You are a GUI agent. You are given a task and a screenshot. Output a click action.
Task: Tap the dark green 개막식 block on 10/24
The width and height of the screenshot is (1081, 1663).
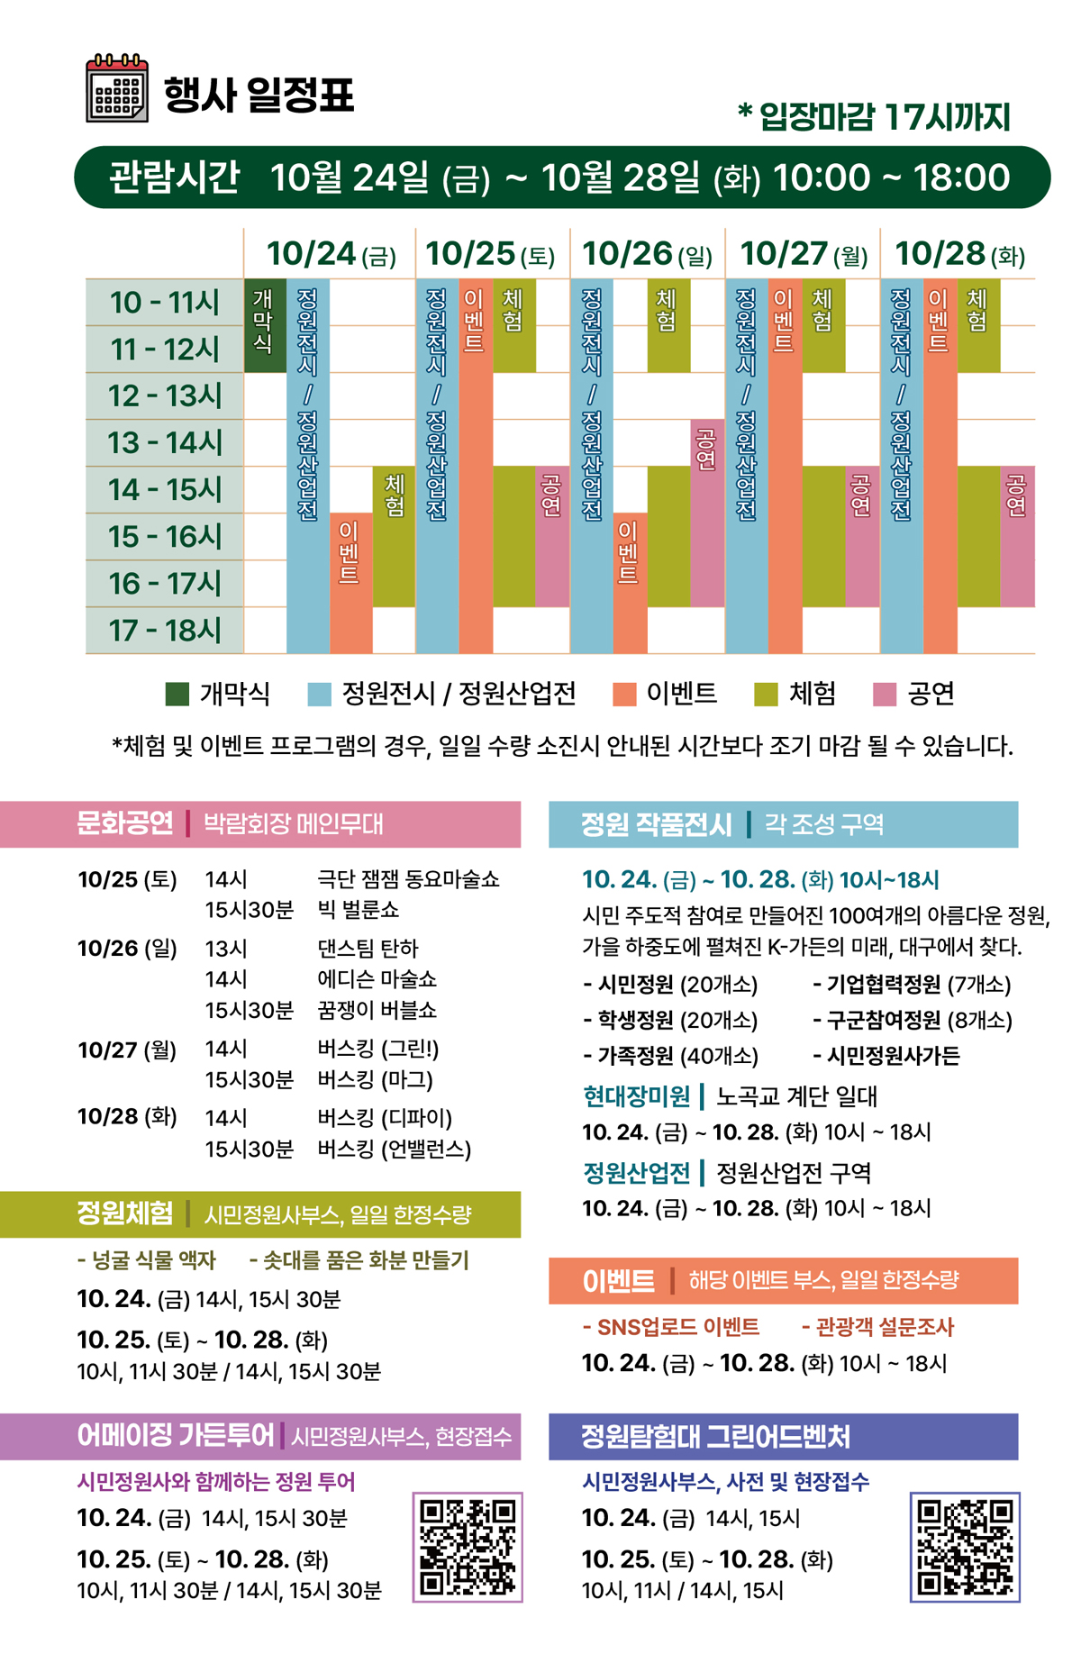[265, 324]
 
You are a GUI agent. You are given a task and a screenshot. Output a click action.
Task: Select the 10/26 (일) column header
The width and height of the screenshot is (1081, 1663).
[647, 254]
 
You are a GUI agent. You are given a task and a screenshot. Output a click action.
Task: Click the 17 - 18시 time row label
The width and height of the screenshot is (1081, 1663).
[164, 630]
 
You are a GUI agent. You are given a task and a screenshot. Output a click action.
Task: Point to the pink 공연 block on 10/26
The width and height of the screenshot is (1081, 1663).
[707, 512]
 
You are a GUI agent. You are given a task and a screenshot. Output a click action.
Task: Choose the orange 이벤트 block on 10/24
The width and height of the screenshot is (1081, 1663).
[350, 582]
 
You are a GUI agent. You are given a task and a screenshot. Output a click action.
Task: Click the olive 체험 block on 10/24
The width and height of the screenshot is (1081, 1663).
[394, 536]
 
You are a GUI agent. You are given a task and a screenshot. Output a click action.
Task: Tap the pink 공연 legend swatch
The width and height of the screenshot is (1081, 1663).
[885, 694]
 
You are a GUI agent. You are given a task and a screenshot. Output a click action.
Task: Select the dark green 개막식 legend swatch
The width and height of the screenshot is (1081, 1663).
[177, 694]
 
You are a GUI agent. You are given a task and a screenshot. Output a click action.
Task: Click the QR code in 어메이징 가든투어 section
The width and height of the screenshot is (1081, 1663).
[468, 1546]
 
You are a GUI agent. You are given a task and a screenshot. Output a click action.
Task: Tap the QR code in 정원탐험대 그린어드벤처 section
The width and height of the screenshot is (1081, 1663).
[965, 1546]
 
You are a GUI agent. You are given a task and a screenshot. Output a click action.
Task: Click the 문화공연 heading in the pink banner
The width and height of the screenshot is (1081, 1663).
[125, 823]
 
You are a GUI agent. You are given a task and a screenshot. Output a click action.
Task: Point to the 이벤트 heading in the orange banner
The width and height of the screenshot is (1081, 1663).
[618, 1280]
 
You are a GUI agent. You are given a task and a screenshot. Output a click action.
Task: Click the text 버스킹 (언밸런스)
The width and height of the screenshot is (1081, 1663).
[394, 1149]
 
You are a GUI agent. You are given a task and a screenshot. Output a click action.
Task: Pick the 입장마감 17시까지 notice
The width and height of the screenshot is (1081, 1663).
[874, 116]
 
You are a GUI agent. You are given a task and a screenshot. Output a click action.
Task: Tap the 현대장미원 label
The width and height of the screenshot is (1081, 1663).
[636, 1096]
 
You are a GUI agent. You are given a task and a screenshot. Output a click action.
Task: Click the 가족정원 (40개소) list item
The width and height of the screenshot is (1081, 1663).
[670, 1056]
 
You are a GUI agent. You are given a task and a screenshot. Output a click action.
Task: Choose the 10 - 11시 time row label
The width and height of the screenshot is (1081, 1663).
[164, 302]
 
